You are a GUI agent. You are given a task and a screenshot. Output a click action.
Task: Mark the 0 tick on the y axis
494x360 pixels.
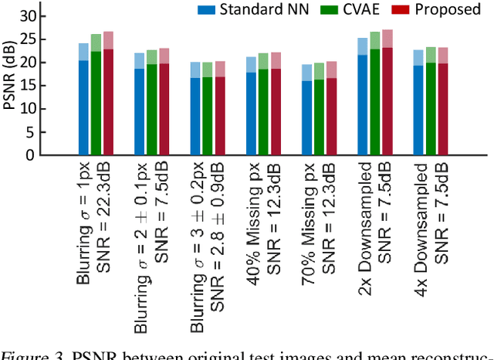(x=30, y=155)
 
